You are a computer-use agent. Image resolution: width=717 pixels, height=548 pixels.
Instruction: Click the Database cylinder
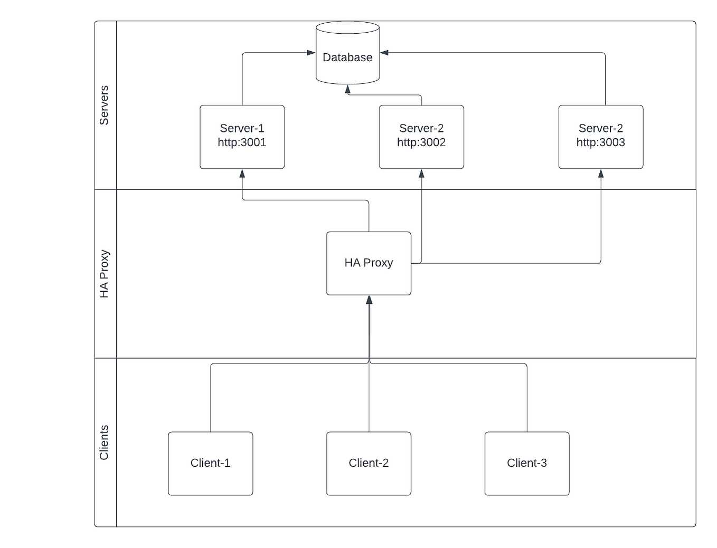click(347, 53)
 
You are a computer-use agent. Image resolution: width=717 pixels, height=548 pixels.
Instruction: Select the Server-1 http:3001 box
click(242, 137)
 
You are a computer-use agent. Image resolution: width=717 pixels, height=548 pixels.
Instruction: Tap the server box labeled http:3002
click(421, 137)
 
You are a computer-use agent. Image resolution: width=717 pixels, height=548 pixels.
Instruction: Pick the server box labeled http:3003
click(601, 137)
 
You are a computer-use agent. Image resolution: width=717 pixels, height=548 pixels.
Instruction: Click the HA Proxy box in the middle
click(369, 263)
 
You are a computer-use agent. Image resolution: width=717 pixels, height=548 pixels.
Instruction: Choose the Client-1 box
click(210, 463)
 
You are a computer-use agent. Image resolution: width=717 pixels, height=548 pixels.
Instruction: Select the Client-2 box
click(369, 463)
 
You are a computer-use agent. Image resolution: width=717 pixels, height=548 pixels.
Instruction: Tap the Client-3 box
click(527, 463)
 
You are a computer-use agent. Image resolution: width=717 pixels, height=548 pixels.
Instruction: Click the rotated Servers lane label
click(104, 105)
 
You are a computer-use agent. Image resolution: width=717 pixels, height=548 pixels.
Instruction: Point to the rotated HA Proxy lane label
click(104, 274)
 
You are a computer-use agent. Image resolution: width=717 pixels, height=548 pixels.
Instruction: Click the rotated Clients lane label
click(104, 443)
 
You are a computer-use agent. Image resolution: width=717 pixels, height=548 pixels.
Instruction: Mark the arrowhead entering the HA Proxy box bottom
click(369, 300)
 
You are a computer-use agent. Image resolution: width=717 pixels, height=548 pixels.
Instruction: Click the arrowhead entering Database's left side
click(311, 53)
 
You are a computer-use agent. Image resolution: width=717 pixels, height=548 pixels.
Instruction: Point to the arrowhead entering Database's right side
click(384, 53)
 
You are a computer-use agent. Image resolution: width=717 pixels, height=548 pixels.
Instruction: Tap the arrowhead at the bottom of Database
click(347, 90)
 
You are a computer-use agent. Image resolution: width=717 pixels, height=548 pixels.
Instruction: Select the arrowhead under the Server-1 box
click(242, 174)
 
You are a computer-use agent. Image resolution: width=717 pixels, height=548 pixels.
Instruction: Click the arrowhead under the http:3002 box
click(421, 174)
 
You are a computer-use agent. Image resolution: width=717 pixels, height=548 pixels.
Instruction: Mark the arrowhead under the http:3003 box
click(601, 174)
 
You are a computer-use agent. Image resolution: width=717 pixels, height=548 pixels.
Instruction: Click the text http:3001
click(242, 142)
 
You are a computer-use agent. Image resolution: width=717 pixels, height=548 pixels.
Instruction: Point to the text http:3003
click(601, 142)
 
